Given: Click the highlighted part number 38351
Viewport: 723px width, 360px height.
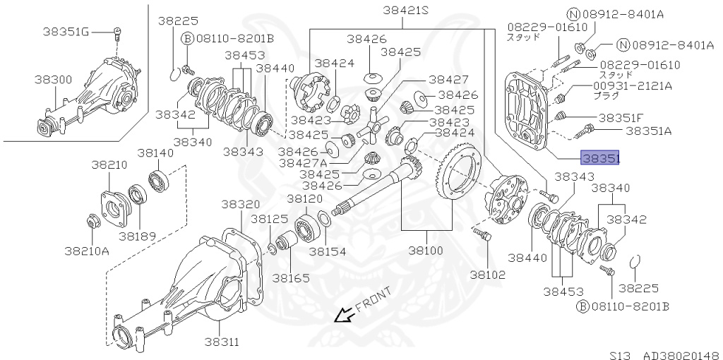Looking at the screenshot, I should [x=599, y=160].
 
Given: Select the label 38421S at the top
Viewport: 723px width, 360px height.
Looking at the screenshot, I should [x=406, y=11].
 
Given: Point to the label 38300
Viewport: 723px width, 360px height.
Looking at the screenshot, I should [x=53, y=80].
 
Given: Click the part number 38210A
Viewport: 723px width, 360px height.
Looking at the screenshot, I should [x=86, y=250].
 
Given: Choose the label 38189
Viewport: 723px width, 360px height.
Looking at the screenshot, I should [x=138, y=236].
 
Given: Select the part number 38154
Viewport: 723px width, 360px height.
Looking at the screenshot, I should [x=328, y=251].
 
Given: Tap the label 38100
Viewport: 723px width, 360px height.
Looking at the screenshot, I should [x=426, y=250].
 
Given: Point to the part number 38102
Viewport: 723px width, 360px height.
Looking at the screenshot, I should [x=486, y=274].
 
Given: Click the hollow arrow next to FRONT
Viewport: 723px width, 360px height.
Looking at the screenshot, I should [x=344, y=316].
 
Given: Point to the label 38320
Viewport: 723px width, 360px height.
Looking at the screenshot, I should [x=241, y=204].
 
